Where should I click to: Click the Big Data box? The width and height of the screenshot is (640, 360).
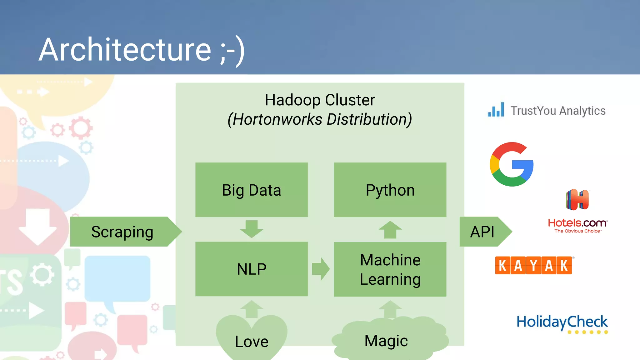point(251,190)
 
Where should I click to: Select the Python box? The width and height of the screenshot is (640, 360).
point(390,190)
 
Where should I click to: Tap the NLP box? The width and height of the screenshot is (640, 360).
point(251,269)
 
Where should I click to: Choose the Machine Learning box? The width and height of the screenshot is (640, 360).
point(390,269)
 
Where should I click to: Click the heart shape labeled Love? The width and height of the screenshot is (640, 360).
point(251,339)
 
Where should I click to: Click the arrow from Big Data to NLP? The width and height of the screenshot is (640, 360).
point(252,229)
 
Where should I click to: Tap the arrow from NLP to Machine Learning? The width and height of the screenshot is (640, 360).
point(321,269)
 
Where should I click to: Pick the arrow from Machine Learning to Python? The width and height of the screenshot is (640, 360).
point(390,230)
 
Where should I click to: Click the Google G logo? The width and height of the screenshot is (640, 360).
point(512,164)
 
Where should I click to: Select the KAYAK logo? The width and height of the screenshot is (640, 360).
point(533,266)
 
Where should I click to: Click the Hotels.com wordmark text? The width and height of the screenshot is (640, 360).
point(577,223)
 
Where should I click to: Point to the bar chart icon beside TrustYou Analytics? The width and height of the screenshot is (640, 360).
point(496,110)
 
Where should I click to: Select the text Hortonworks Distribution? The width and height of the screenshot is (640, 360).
point(320,119)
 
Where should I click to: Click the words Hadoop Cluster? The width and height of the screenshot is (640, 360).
point(320,100)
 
